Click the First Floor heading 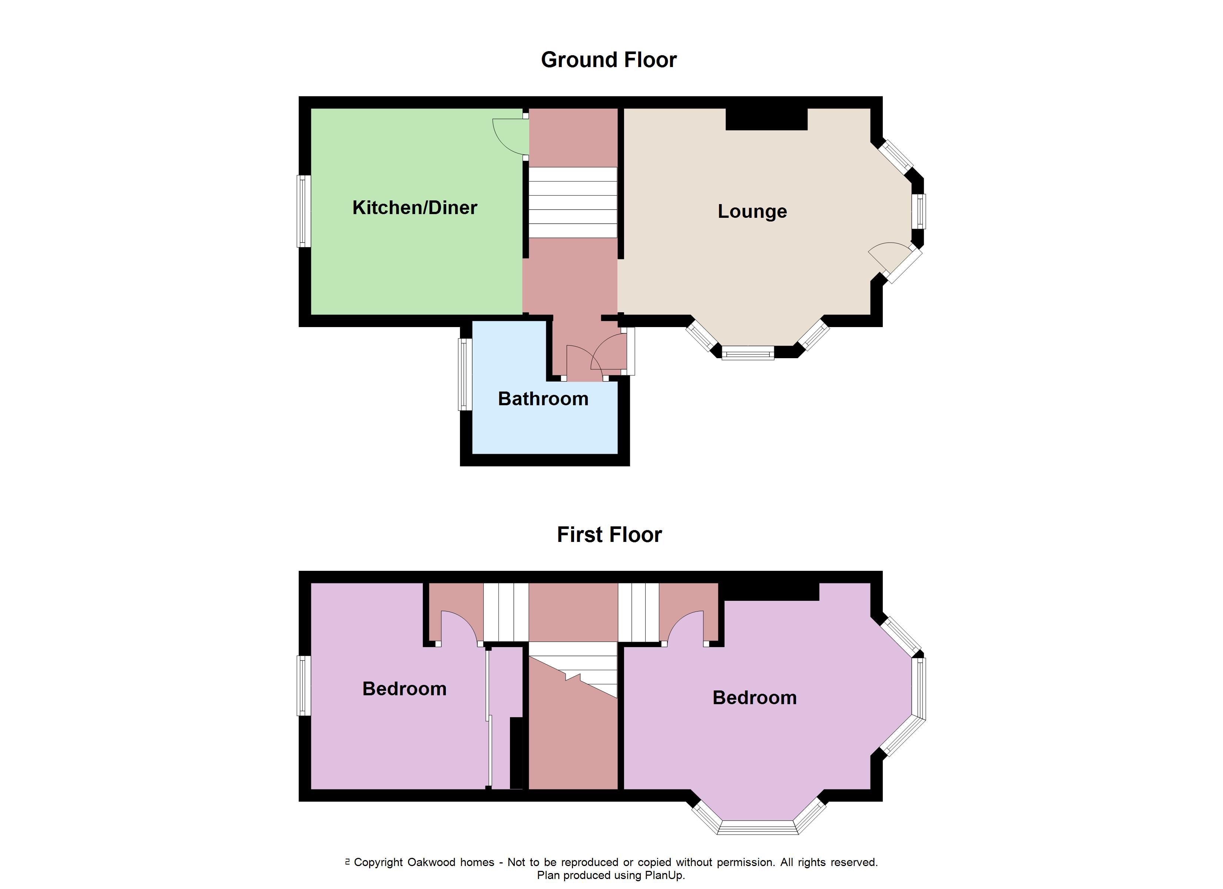(x=609, y=535)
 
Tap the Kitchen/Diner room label (x=415, y=207)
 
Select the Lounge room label (x=752, y=212)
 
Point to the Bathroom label (x=543, y=399)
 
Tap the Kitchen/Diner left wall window (x=304, y=212)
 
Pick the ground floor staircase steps (x=573, y=202)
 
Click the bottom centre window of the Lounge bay (x=748, y=354)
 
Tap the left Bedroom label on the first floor (x=404, y=689)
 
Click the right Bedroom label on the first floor (x=755, y=697)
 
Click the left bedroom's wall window (x=304, y=686)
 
